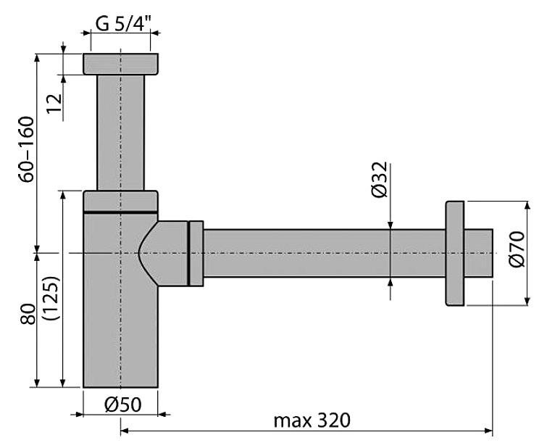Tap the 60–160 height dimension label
(x=26, y=148)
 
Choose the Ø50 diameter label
(x=122, y=405)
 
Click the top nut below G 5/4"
(x=120, y=64)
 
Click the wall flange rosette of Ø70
(x=454, y=254)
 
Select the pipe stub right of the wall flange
(x=479, y=253)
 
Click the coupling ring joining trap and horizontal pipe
(x=196, y=253)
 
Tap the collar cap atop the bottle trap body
(x=120, y=201)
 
